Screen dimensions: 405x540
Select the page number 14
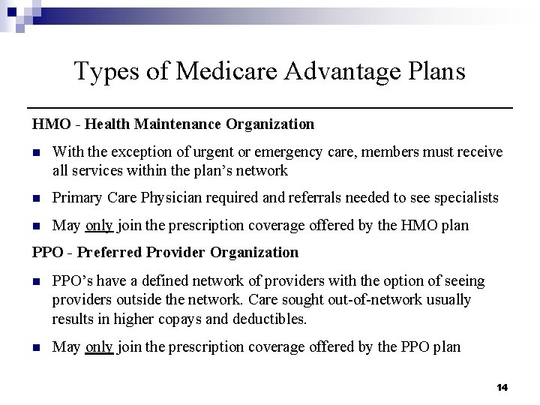tap(502, 387)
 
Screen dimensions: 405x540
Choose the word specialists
tap(465, 198)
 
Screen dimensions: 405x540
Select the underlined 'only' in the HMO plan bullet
tap(99, 225)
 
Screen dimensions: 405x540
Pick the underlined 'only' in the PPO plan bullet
tap(99, 346)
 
